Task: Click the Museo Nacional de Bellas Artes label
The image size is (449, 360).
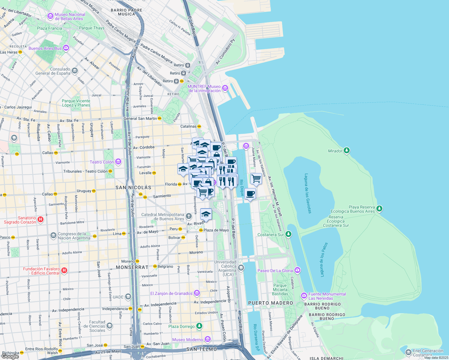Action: click(x=70, y=16)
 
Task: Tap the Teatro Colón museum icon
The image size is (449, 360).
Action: click(x=118, y=162)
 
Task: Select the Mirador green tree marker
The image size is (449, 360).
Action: click(x=347, y=151)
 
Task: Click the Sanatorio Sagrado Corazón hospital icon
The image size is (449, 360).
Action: click(x=40, y=220)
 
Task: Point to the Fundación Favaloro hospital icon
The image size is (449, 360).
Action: click(x=64, y=271)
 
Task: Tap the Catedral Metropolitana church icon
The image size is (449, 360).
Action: click(x=188, y=216)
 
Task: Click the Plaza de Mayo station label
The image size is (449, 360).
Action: click(x=216, y=230)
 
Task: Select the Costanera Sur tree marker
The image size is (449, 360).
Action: click(x=288, y=234)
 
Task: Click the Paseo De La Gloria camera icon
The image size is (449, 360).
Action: click(x=297, y=270)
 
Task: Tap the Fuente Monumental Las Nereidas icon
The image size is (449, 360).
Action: click(x=304, y=296)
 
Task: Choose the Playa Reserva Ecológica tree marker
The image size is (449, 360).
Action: click(x=379, y=208)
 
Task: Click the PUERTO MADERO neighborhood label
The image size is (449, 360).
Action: click(x=270, y=303)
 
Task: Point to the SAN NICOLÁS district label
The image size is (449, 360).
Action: click(x=134, y=187)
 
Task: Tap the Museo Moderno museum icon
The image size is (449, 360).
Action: click(x=207, y=339)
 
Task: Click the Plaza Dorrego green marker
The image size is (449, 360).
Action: click(x=199, y=326)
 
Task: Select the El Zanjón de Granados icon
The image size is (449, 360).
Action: click(x=197, y=293)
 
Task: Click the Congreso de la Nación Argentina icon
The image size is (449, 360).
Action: click(x=53, y=235)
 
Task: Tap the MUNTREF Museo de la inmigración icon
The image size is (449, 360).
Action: click(x=225, y=88)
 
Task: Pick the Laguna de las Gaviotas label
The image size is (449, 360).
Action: click(x=308, y=193)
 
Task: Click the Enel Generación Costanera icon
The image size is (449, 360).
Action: click(x=408, y=352)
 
